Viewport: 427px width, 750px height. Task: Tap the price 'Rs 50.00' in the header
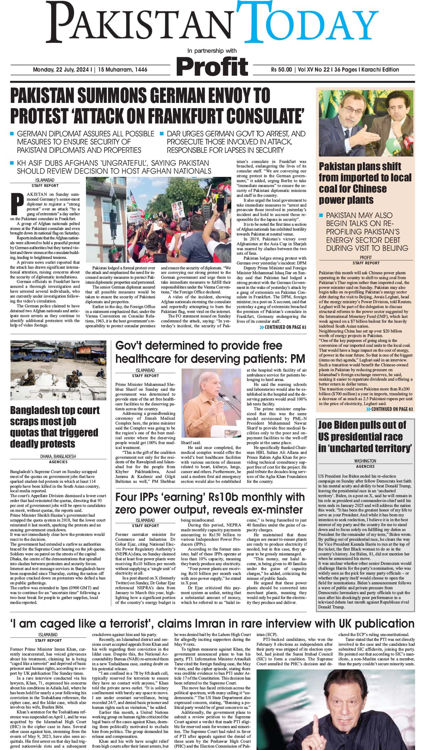[281, 70]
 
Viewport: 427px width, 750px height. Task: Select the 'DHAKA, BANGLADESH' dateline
[58, 456]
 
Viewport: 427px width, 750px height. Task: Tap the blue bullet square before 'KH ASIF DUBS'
[12, 163]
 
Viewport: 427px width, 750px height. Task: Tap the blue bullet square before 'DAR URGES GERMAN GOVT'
[162, 134]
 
